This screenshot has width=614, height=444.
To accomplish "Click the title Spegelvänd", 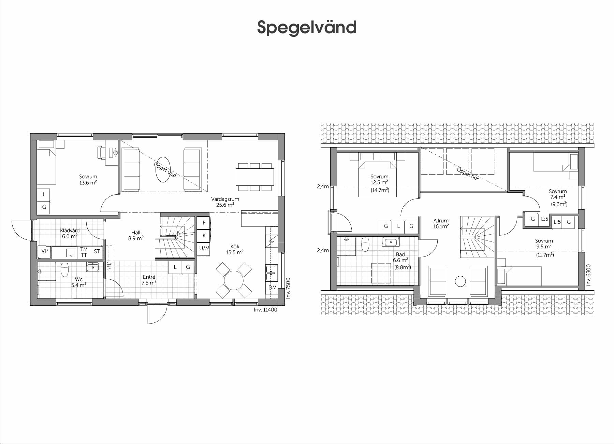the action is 307,28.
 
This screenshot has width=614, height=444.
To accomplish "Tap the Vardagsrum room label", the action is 225,199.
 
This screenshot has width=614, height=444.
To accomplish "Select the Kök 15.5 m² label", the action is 235,250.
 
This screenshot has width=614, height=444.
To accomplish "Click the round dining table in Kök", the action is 234,280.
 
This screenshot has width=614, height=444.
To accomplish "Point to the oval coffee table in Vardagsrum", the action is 163,170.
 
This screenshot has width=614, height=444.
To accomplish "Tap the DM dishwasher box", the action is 272,288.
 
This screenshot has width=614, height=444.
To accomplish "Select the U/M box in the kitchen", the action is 204,248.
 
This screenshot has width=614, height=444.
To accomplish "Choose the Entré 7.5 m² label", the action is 149,280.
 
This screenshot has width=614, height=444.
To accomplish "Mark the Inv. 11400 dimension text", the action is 266,310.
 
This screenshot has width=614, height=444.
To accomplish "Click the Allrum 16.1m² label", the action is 441,223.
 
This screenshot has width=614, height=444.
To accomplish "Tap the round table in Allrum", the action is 460,281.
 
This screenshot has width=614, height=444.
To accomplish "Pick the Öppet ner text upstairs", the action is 468,174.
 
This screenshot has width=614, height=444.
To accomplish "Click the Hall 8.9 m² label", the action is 136,236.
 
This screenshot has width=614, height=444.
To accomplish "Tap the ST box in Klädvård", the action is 97,251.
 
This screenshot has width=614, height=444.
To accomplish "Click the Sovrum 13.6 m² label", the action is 88,180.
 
